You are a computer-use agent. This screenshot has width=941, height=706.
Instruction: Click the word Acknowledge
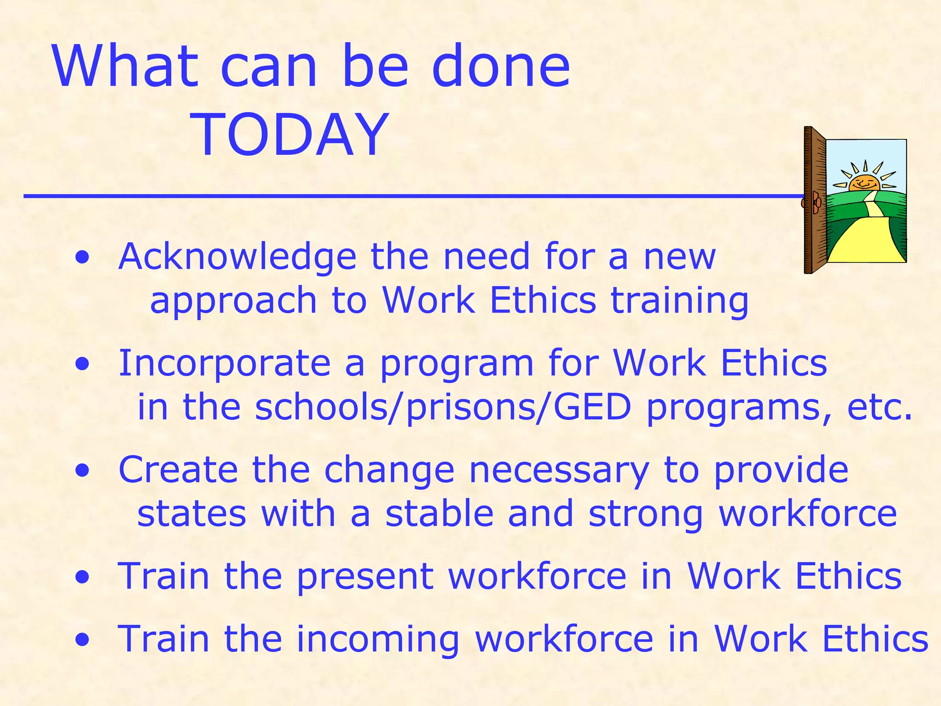[x=237, y=257]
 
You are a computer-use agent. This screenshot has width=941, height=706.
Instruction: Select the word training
[x=680, y=302]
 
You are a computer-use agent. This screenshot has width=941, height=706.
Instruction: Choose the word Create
[x=178, y=470]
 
